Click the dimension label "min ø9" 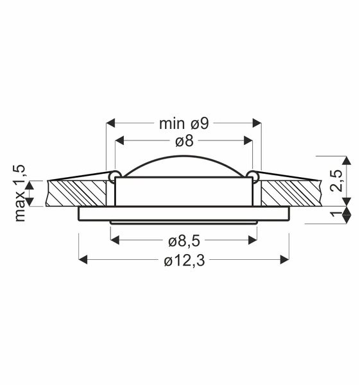184,123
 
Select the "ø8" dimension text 184,141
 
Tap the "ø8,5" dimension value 184,241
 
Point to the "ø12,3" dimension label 184,261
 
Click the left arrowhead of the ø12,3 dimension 82,259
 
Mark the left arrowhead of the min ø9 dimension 110,122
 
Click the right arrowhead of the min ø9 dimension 258,122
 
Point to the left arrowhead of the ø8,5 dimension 115,240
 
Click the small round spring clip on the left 114,174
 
